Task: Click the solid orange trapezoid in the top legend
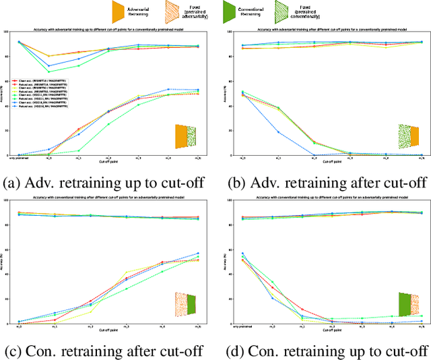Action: [x=118, y=11]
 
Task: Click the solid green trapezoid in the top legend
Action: [x=228, y=11]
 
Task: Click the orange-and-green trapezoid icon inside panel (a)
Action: [x=185, y=136]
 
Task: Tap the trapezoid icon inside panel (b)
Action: [x=408, y=136]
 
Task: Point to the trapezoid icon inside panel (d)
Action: [x=408, y=304]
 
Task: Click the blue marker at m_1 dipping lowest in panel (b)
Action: [x=279, y=132]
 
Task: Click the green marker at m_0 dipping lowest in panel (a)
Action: [x=48, y=71]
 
